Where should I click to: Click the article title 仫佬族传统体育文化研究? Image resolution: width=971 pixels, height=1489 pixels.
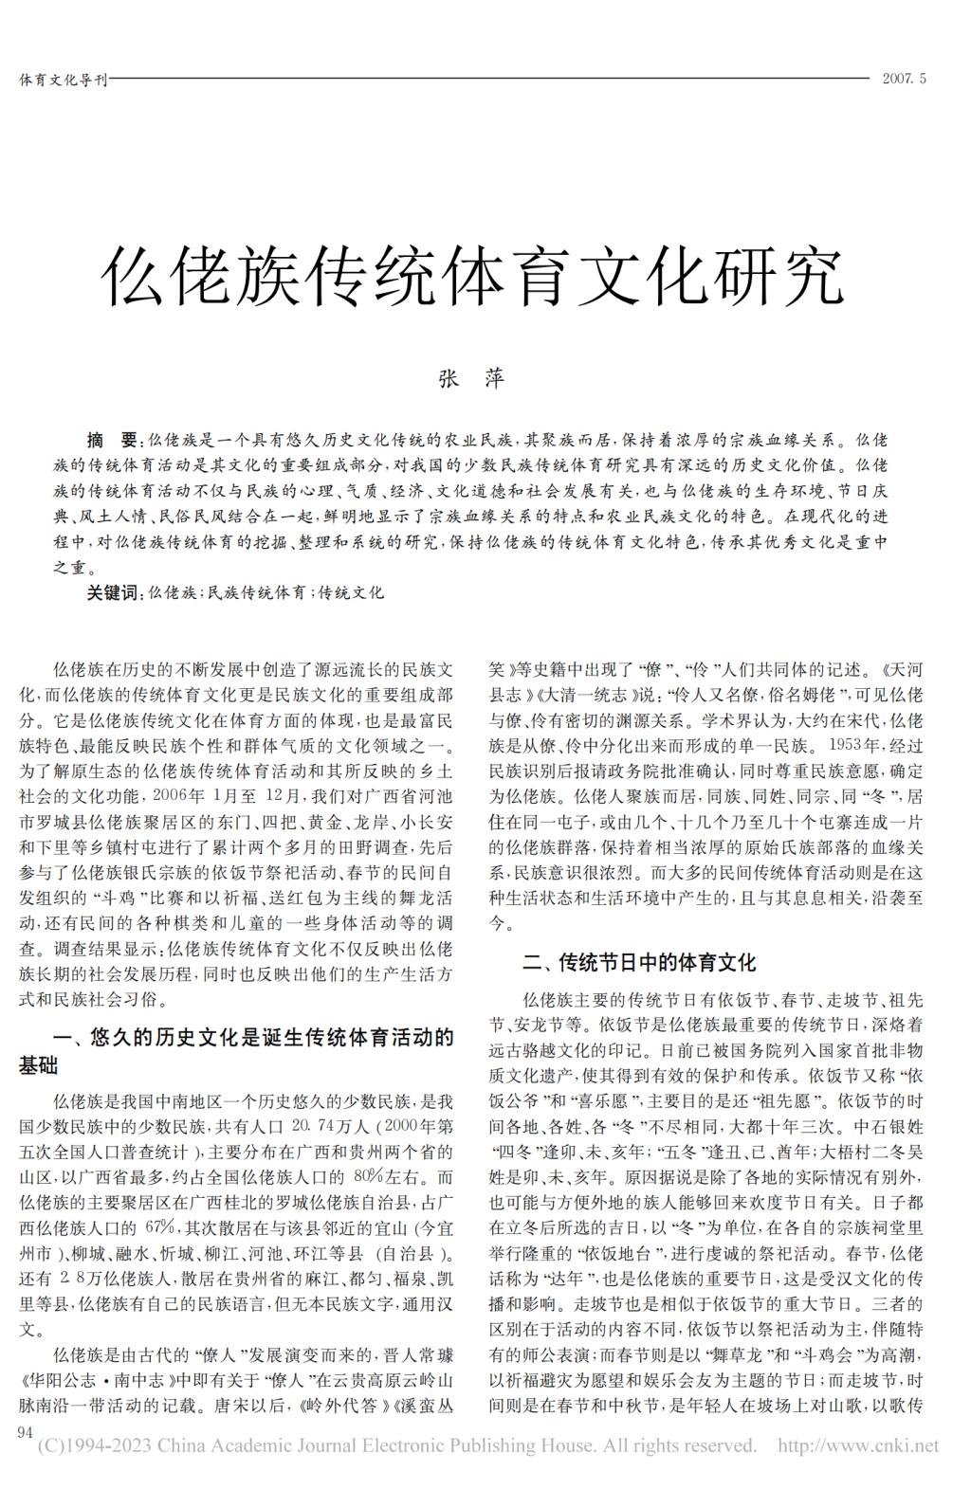point(471,275)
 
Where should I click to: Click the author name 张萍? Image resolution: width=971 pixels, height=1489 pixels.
point(470,378)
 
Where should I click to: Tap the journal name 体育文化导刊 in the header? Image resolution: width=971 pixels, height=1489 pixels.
point(63,79)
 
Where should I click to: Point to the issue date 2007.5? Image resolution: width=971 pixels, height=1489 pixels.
point(903,79)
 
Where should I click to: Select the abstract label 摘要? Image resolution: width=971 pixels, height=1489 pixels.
point(112,441)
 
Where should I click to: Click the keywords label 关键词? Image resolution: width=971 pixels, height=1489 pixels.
point(112,593)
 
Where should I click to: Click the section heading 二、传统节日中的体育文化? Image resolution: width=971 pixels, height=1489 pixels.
point(639,963)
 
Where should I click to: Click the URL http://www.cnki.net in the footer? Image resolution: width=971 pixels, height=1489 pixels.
point(857,1445)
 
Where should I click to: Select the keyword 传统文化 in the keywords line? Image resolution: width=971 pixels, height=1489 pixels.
point(351,593)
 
